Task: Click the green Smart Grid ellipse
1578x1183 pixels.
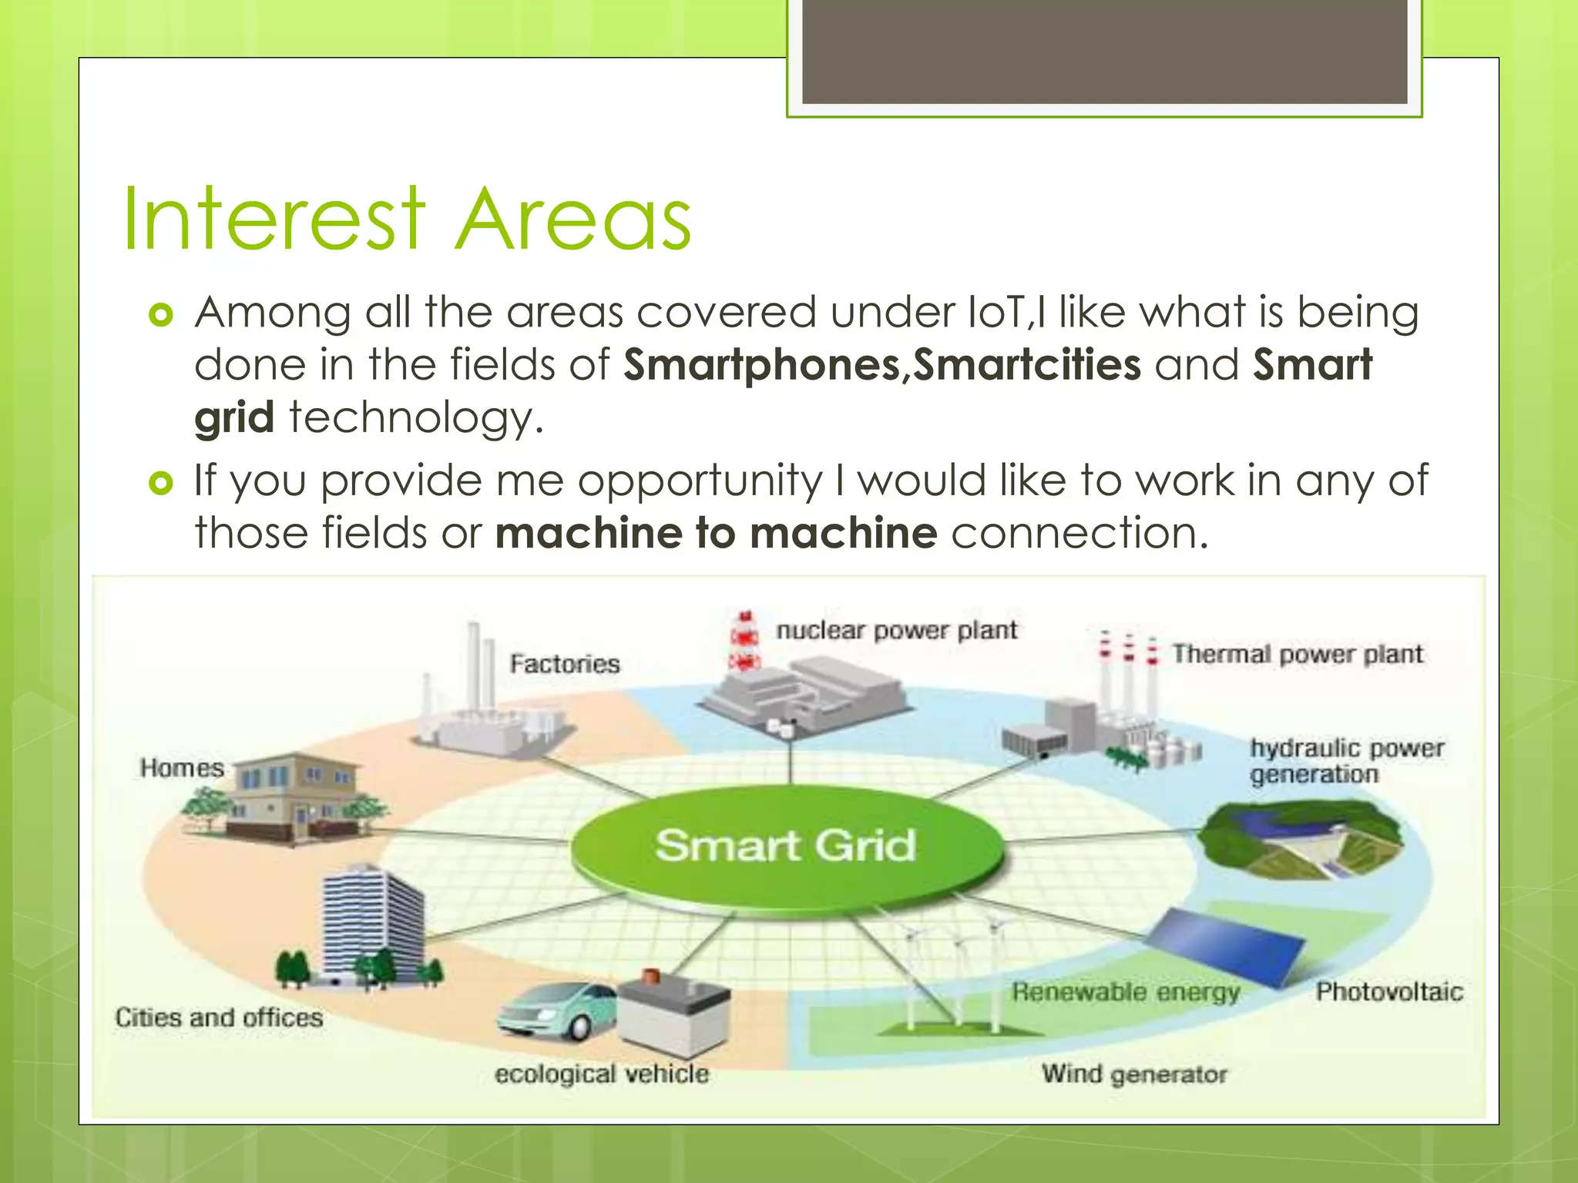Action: click(x=786, y=847)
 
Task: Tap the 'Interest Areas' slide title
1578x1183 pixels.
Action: click(x=406, y=220)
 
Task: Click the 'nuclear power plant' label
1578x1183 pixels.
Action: click(x=896, y=631)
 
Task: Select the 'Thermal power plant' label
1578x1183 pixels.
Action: click(x=1297, y=655)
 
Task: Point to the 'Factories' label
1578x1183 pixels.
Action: click(x=565, y=664)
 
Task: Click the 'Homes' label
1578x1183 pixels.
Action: click(x=182, y=768)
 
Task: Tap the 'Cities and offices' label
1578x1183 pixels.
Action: click(x=219, y=1017)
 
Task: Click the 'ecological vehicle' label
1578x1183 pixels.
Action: click(x=601, y=1074)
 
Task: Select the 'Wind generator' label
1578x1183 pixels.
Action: click(x=1134, y=1074)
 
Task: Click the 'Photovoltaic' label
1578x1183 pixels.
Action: click(x=1388, y=991)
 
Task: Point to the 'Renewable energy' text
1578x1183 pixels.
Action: click(x=1126, y=992)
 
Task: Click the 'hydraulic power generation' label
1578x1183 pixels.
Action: click(x=1346, y=761)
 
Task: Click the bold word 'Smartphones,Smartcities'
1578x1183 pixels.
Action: click(x=881, y=365)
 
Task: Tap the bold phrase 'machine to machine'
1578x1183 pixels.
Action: click(x=717, y=533)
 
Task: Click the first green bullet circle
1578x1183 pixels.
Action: click(x=161, y=315)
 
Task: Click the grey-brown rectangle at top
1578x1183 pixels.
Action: click(x=1104, y=51)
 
